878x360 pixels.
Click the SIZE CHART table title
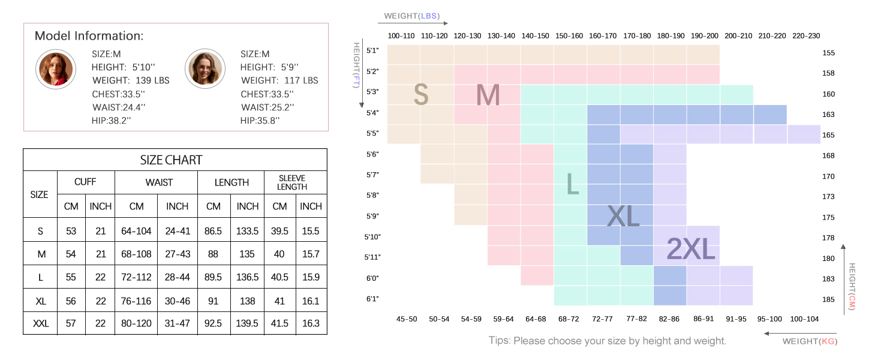tap(171, 160)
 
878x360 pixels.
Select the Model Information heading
tap(89, 35)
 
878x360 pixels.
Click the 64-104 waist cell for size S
tap(136, 231)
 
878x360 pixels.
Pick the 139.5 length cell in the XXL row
tap(247, 323)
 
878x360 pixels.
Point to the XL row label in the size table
tap(40, 301)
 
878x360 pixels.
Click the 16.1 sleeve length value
tap(311, 301)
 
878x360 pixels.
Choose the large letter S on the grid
tap(421, 95)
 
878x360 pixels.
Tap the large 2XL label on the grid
tap(691, 248)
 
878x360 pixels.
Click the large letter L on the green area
tap(573, 184)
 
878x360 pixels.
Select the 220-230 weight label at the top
tap(805, 36)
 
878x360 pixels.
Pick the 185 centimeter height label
tap(828, 298)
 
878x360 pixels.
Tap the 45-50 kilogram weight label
tap(406, 319)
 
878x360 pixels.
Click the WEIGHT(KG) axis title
tap(810, 341)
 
